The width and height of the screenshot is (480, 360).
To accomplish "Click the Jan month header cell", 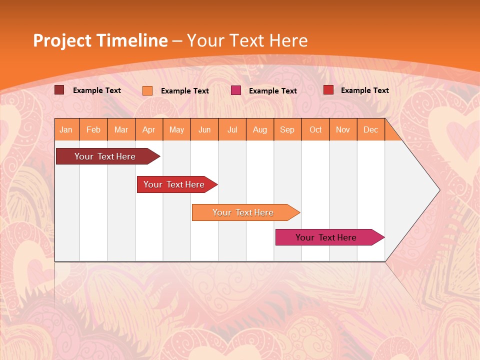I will pyautogui.click(x=66, y=129).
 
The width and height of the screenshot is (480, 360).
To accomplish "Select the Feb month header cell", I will pyautogui.click(x=93, y=129).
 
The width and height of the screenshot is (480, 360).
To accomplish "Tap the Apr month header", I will pyautogui.click(x=149, y=129).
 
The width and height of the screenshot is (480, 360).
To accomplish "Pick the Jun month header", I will pyautogui.click(x=204, y=129).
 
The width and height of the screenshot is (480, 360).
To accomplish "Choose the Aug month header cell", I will pyautogui.click(x=260, y=129).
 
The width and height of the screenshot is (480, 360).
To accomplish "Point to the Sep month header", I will pyautogui.click(x=287, y=129).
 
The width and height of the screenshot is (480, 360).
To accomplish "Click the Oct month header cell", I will pyautogui.click(x=315, y=129).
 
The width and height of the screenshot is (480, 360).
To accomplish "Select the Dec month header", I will pyautogui.click(x=371, y=129).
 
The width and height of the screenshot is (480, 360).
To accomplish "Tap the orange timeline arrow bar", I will pyautogui.click(x=243, y=212).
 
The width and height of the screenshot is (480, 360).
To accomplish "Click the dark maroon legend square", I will pyautogui.click(x=59, y=90).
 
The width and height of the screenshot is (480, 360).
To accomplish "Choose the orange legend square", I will pyautogui.click(x=147, y=90).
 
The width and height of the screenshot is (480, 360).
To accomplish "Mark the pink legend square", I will pyautogui.click(x=236, y=90).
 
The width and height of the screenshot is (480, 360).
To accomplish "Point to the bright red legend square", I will pyautogui.click(x=328, y=90).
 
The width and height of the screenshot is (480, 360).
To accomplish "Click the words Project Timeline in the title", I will pyautogui.click(x=100, y=40).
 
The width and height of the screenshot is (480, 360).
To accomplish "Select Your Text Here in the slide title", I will pyautogui.click(x=247, y=40).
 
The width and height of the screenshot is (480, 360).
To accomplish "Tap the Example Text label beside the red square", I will pyautogui.click(x=364, y=90).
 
